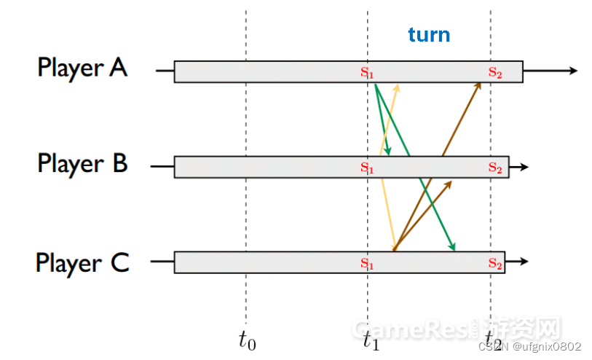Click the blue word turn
click(428, 34)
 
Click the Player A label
click(82, 68)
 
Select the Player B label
click(82, 163)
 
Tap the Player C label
click(82, 262)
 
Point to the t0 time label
click(248, 338)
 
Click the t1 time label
click(371, 338)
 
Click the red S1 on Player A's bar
click(367, 72)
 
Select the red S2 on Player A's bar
click(495, 72)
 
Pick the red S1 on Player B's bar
click(367, 168)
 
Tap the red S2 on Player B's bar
click(495, 168)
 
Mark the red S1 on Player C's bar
click(367, 263)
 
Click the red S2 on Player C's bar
click(495, 263)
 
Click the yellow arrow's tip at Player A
click(398, 86)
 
